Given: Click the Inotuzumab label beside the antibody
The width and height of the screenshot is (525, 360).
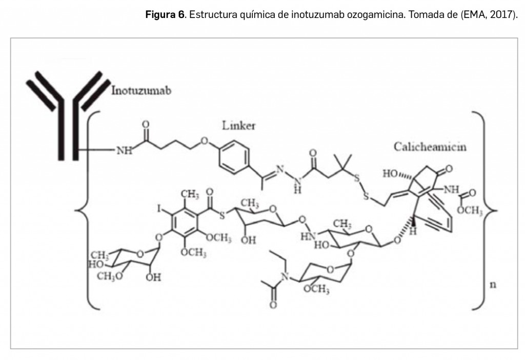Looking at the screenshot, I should (x=142, y=91).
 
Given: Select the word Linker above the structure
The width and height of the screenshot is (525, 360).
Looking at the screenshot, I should (x=239, y=126).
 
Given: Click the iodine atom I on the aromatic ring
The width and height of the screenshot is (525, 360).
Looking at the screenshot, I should (x=159, y=209).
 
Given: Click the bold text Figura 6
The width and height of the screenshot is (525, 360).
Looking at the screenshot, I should (x=165, y=14).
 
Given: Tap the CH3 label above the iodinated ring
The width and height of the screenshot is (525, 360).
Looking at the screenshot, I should (x=190, y=194).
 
